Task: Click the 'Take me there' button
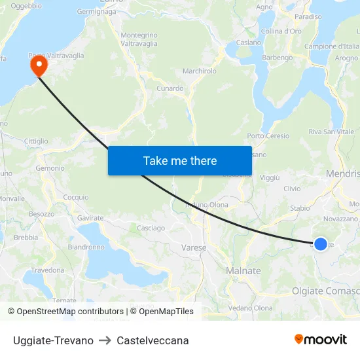tap(180, 160)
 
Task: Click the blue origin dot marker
tap(320, 244)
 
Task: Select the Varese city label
tap(193, 248)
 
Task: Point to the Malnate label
tap(243, 271)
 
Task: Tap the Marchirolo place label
tap(200, 71)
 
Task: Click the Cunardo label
tap(170, 88)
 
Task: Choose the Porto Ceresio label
tap(268, 136)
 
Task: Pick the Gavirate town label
tap(90, 217)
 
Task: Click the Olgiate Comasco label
tap(325, 291)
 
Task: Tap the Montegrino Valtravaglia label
tap(139, 39)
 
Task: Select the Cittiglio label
tap(36, 141)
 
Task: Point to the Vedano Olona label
tap(251, 308)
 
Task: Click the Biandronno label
tap(86, 247)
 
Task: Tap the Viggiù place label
tap(270, 177)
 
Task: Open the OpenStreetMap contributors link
tap(70, 312)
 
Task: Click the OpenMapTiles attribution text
tap(165, 312)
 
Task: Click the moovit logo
tap(321, 339)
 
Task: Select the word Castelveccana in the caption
tap(153, 340)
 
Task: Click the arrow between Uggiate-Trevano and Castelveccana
tap(105, 340)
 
